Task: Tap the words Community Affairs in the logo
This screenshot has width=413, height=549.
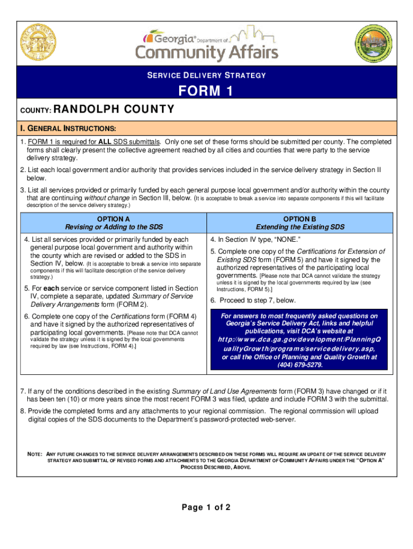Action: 206,53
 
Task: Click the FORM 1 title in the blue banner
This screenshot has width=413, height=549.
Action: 206,92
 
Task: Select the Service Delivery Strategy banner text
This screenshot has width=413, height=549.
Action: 206,76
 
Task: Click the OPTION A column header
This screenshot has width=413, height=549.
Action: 113,219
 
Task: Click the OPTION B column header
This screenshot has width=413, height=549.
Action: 300,219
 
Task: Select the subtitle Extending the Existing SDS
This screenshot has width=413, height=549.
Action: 300,227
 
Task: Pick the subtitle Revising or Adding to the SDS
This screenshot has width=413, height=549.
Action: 113,227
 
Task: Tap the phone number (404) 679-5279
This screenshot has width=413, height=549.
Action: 300,365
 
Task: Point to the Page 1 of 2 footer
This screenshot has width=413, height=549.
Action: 206,507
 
